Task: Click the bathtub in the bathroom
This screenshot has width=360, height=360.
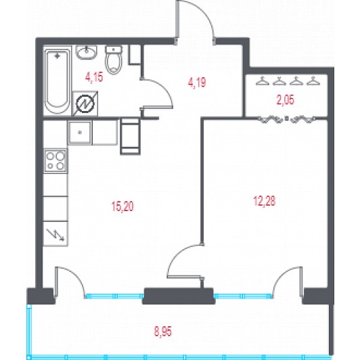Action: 57,81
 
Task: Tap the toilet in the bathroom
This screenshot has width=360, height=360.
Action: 114,60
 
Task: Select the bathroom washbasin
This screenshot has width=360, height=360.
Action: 87,52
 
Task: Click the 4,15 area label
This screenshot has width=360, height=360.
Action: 94,77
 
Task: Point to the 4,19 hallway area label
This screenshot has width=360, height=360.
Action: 197,83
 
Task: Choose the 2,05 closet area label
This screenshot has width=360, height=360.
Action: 285,100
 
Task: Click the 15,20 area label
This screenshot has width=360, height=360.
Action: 122,206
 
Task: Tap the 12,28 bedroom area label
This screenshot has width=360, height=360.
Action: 265,201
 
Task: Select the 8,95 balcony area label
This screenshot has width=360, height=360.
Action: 163,332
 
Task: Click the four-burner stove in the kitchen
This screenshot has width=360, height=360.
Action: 55,160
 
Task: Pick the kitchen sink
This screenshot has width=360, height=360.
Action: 80,133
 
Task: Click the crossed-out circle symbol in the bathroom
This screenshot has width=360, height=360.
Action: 85,104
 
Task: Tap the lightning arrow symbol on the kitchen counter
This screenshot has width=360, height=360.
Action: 55,235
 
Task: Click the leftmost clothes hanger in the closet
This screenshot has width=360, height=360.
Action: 263,81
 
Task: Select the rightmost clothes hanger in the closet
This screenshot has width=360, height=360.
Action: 313,81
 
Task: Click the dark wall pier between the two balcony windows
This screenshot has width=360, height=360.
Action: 179,296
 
